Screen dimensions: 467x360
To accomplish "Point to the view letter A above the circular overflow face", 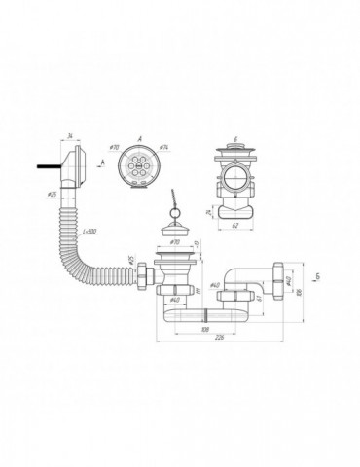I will click(x=137, y=139).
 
